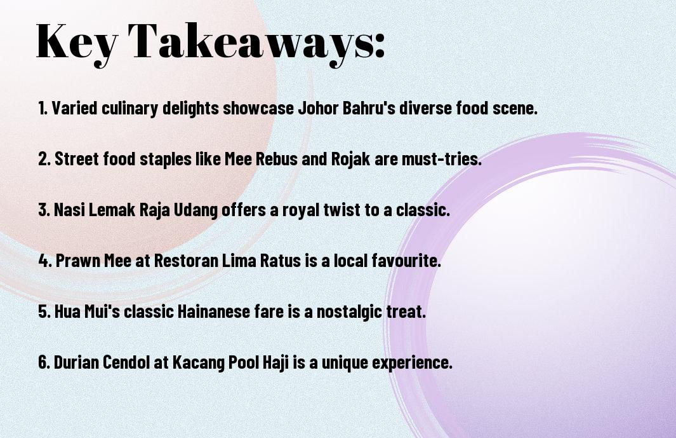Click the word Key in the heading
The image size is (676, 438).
tap(77, 43)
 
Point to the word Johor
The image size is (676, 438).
tap(319, 107)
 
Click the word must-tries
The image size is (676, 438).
tap(442, 158)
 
